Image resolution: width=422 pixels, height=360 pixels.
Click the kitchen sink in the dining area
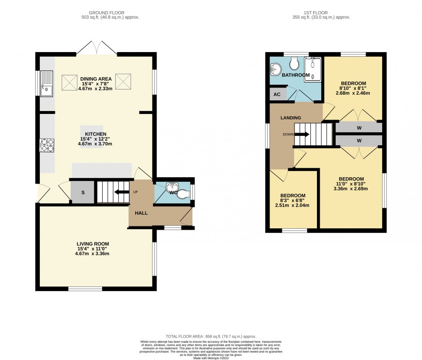46,83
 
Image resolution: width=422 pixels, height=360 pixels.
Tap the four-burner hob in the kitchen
47,145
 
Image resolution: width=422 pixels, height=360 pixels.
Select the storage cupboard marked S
83,192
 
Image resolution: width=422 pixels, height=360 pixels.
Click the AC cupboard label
277,94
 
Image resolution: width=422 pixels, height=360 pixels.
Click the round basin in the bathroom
275,69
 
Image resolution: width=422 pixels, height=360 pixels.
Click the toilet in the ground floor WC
184,194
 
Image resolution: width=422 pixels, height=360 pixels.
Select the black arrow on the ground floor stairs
121,192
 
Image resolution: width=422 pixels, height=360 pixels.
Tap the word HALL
141,213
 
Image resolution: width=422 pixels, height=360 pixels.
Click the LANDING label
291,118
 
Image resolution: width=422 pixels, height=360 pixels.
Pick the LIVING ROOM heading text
93,244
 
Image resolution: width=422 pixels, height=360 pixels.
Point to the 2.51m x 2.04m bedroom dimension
292,205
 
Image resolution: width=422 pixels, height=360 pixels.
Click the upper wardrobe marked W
359,128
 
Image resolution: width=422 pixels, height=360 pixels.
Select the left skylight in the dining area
69,82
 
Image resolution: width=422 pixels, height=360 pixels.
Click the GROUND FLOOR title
106,13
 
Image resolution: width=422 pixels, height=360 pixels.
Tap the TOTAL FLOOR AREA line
211,336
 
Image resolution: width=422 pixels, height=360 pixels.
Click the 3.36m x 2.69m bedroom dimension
351,188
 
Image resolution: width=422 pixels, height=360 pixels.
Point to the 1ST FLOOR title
316,13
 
